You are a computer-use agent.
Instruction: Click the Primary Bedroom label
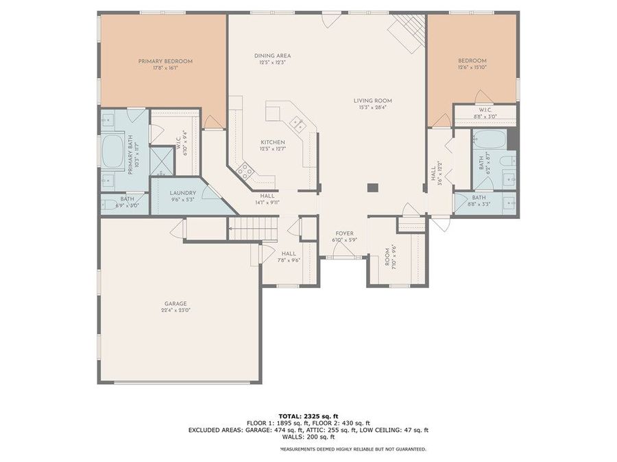pyautogui.click(x=165, y=61)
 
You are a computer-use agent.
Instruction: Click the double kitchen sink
pyautogui.click(x=298, y=123)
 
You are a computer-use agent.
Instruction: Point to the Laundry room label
pyautogui.click(x=183, y=193)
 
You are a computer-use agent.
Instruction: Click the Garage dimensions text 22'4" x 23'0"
pyautogui.click(x=176, y=310)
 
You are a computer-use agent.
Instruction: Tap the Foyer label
pyautogui.click(x=345, y=233)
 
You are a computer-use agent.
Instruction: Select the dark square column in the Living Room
pyautogui.click(x=372, y=187)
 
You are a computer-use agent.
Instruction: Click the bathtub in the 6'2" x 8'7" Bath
pyautogui.click(x=489, y=140)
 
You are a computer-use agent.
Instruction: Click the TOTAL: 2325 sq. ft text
pyautogui.click(x=308, y=415)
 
